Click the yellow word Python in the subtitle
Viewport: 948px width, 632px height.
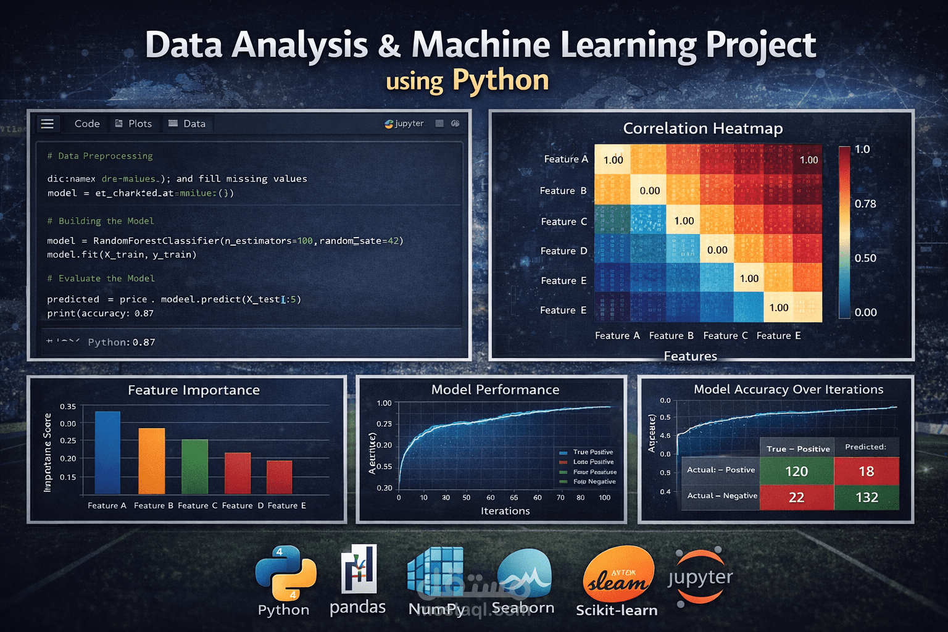tap(501, 80)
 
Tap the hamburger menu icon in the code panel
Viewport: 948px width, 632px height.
tap(48, 123)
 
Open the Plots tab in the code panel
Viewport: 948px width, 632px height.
tap(133, 123)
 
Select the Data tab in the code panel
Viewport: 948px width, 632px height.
tap(188, 123)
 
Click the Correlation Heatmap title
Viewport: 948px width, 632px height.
tap(702, 128)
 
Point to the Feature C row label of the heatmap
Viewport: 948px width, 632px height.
tap(563, 222)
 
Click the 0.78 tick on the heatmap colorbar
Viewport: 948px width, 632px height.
tap(865, 204)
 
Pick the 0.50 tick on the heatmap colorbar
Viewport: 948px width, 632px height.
tap(865, 258)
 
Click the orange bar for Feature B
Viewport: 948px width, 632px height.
tap(152, 461)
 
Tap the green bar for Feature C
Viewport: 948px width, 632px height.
tap(194, 467)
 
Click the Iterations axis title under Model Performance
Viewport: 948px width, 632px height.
tap(505, 511)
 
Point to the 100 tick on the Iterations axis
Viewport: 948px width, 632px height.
tap(604, 497)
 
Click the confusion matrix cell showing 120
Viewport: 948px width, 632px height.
tap(796, 472)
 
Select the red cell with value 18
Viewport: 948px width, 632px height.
tap(866, 472)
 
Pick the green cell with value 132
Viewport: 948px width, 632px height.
tap(867, 497)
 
